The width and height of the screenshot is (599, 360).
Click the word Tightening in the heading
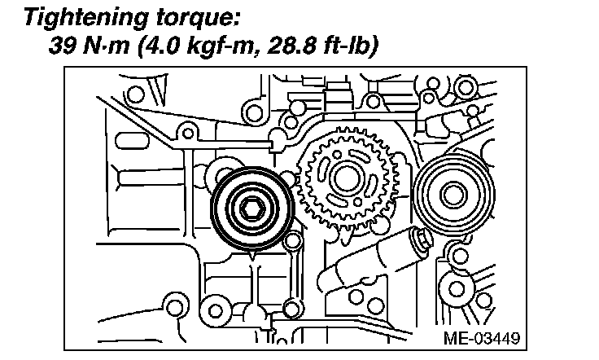(x=85, y=18)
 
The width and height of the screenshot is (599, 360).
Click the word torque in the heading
(x=192, y=19)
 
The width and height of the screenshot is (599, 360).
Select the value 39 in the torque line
(x=63, y=46)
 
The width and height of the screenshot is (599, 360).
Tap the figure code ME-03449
(x=482, y=338)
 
